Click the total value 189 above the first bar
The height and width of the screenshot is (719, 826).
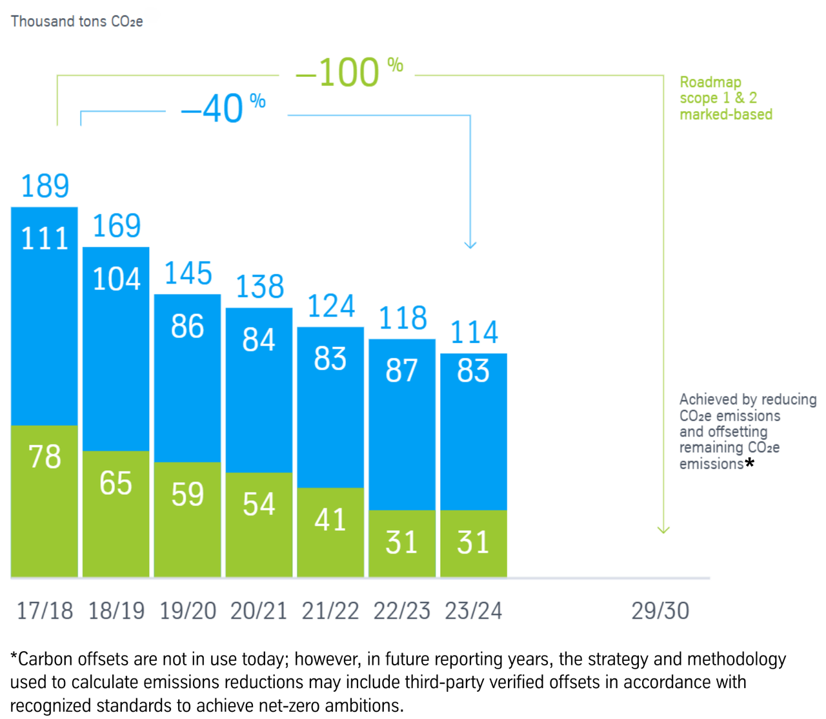click(x=45, y=186)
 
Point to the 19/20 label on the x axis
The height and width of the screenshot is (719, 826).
click(x=188, y=610)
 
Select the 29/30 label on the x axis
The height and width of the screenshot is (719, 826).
click(x=660, y=610)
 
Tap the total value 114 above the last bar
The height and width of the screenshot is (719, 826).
click(x=474, y=332)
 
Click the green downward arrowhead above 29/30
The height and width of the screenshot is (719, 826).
click(x=663, y=530)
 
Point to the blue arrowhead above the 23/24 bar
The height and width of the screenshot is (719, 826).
click(x=470, y=244)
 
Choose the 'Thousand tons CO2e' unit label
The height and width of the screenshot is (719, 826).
click(x=77, y=21)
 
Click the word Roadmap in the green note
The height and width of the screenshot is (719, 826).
click(x=710, y=82)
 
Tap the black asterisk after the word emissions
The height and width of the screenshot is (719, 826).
click(x=749, y=463)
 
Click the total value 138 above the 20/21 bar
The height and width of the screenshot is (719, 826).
click(x=259, y=286)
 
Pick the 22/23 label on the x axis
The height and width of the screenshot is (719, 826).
click(x=402, y=610)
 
